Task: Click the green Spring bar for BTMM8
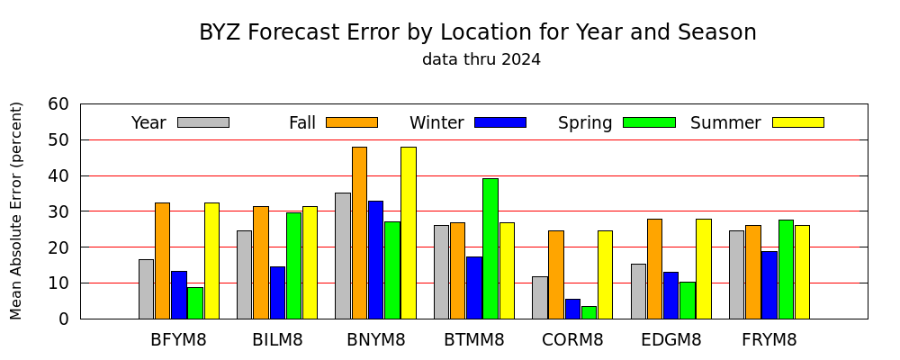[490, 248]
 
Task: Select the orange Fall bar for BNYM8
[359, 233]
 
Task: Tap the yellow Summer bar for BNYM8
[409, 233]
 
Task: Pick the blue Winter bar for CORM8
[572, 309]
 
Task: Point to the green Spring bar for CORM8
[589, 312]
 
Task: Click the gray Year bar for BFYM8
[147, 290]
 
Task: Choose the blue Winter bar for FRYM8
[769, 285]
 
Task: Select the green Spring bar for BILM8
[294, 265]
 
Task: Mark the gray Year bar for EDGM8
[638, 292]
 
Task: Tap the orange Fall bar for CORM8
[556, 275]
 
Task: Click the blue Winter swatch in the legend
[500, 122]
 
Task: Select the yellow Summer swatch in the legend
[798, 122]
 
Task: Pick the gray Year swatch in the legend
[203, 122]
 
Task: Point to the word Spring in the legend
[585, 123]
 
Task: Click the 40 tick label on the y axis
[58, 175]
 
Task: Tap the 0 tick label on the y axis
[64, 319]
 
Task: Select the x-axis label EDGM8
[671, 340]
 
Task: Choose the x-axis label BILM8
[277, 340]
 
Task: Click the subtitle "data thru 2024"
[481, 59]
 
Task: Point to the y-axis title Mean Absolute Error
[16, 211]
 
